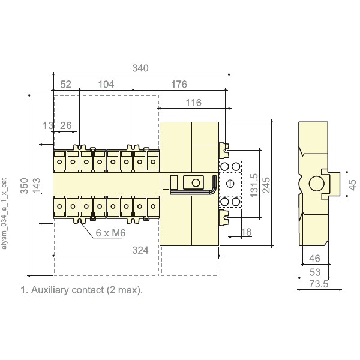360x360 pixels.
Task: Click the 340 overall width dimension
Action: point(140,68)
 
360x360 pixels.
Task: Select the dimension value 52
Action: point(66,85)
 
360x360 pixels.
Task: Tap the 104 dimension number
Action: point(106,85)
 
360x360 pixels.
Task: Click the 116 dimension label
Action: point(193,103)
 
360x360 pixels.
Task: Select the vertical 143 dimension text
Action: point(37,184)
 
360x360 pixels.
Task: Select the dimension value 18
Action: point(245,232)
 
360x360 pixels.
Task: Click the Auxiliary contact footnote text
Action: point(82,290)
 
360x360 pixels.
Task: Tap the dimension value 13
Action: point(48,125)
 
